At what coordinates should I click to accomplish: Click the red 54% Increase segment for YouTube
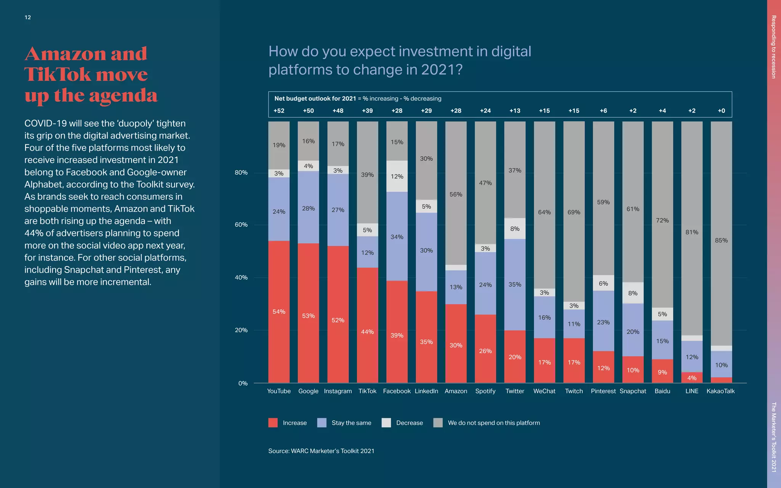pos(279,311)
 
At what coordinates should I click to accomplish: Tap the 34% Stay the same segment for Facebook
pos(397,236)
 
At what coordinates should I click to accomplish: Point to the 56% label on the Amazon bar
pos(456,194)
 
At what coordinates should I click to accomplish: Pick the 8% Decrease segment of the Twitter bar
pos(514,229)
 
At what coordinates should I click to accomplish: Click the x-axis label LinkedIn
pos(426,391)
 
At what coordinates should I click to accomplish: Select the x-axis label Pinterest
pos(603,391)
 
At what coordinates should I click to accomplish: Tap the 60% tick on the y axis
pos(241,225)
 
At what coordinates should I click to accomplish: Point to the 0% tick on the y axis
pos(243,384)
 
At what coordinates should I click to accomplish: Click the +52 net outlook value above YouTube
pos(279,111)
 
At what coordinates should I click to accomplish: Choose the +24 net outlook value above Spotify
pos(485,111)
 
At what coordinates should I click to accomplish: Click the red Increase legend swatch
pos(273,423)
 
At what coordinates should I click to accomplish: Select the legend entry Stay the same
pos(351,423)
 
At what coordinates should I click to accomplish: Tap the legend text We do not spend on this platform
pos(493,423)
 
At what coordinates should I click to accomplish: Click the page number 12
pos(28,18)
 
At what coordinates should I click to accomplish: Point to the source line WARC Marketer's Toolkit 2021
pos(321,451)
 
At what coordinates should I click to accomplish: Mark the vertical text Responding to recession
pos(773,47)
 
